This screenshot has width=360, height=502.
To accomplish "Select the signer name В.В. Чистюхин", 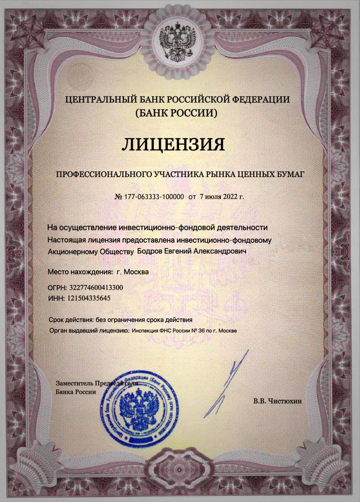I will [278, 401].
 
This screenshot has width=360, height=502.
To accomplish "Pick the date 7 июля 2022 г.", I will [222, 196].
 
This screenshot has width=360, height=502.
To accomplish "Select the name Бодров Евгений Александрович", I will [191, 250].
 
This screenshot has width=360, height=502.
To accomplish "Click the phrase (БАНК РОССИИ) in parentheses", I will [175, 114].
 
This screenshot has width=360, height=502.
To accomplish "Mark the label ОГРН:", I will [56, 287].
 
